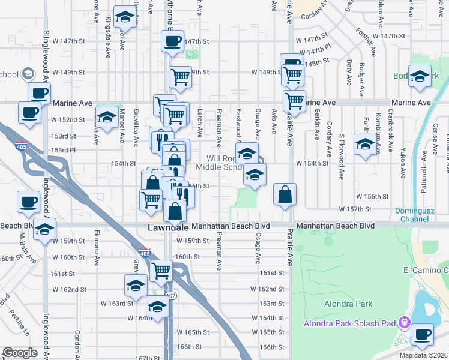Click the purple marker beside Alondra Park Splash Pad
coord(405,323)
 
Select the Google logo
coord(20,353)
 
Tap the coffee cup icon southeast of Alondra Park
coord(422,334)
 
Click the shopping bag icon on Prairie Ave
coord(285,195)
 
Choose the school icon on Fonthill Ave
coord(364,144)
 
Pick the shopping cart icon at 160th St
coord(161,271)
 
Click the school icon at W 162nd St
coord(136,285)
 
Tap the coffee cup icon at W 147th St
coord(172,41)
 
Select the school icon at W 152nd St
coord(107,117)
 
